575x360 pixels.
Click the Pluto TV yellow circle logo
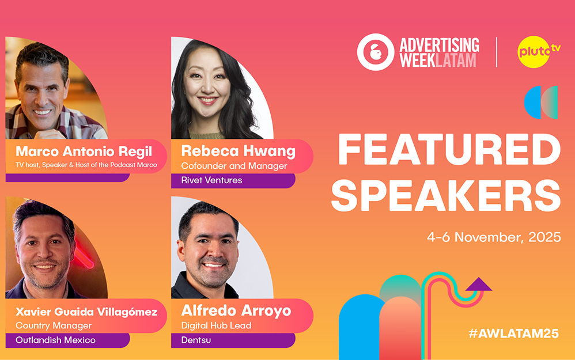tap(534, 52)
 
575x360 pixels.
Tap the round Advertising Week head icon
tap(376, 52)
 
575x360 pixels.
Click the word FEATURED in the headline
tap(449, 150)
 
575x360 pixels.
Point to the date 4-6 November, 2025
tap(494, 237)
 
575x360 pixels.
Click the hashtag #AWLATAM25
tap(513, 334)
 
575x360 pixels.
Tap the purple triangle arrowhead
tap(479, 285)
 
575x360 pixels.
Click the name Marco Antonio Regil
tap(84, 151)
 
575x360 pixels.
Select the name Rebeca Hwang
tap(239, 151)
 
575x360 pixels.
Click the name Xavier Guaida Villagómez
tap(86, 312)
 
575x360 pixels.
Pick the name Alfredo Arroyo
tap(236, 311)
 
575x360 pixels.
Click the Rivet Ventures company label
tap(211, 180)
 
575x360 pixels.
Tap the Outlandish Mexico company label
tap(55, 340)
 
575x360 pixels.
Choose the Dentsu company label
tap(196, 340)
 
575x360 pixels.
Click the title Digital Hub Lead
tap(217, 325)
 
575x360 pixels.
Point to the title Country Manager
tap(54, 325)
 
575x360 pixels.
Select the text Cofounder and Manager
tap(234, 166)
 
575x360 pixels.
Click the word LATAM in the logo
tap(456, 60)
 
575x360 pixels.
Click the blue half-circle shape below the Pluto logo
tap(532, 103)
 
